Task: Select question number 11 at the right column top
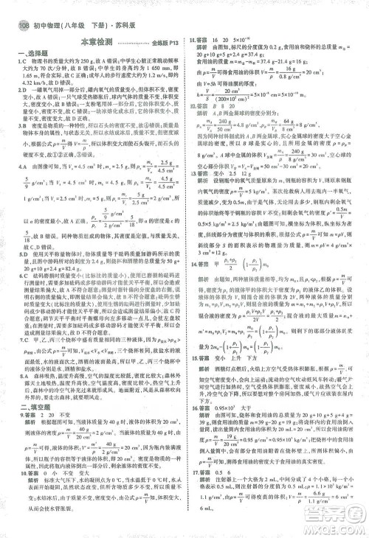192,38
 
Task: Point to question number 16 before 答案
192,413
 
